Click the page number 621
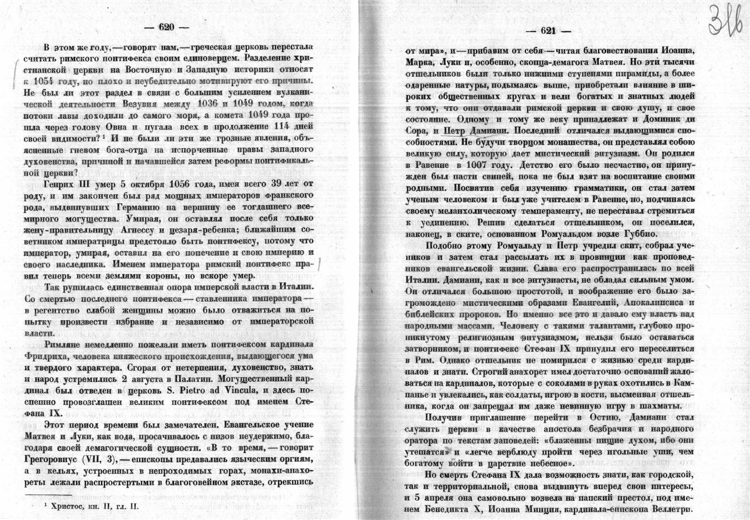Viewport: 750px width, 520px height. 547,31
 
